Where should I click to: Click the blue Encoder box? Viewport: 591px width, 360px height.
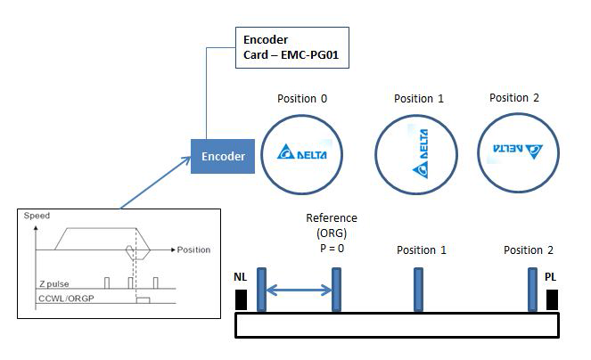pyautogui.click(x=223, y=155)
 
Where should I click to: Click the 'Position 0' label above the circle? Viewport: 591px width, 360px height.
pyautogui.click(x=302, y=98)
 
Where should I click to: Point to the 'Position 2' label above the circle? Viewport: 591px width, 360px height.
pyautogui.click(x=514, y=97)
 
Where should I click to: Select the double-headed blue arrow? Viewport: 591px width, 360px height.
pyautogui.click(x=298, y=289)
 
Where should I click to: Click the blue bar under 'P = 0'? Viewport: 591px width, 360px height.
pyautogui.click(x=336, y=289)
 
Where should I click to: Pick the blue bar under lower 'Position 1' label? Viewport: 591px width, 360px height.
pyautogui.click(x=418, y=289)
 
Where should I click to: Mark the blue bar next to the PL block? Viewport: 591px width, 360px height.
pyautogui.click(x=533, y=289)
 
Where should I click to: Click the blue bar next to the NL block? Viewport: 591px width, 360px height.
pyautogui.click(x=259, y=289)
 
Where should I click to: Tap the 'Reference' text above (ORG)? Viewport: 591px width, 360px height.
pyautogui.click(x=331, y=218)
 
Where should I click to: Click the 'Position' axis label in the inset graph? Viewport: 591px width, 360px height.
pyautogui.click(x=193, y=250)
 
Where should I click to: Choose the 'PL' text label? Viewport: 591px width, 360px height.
pyautogui.click(x=553, y=279)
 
